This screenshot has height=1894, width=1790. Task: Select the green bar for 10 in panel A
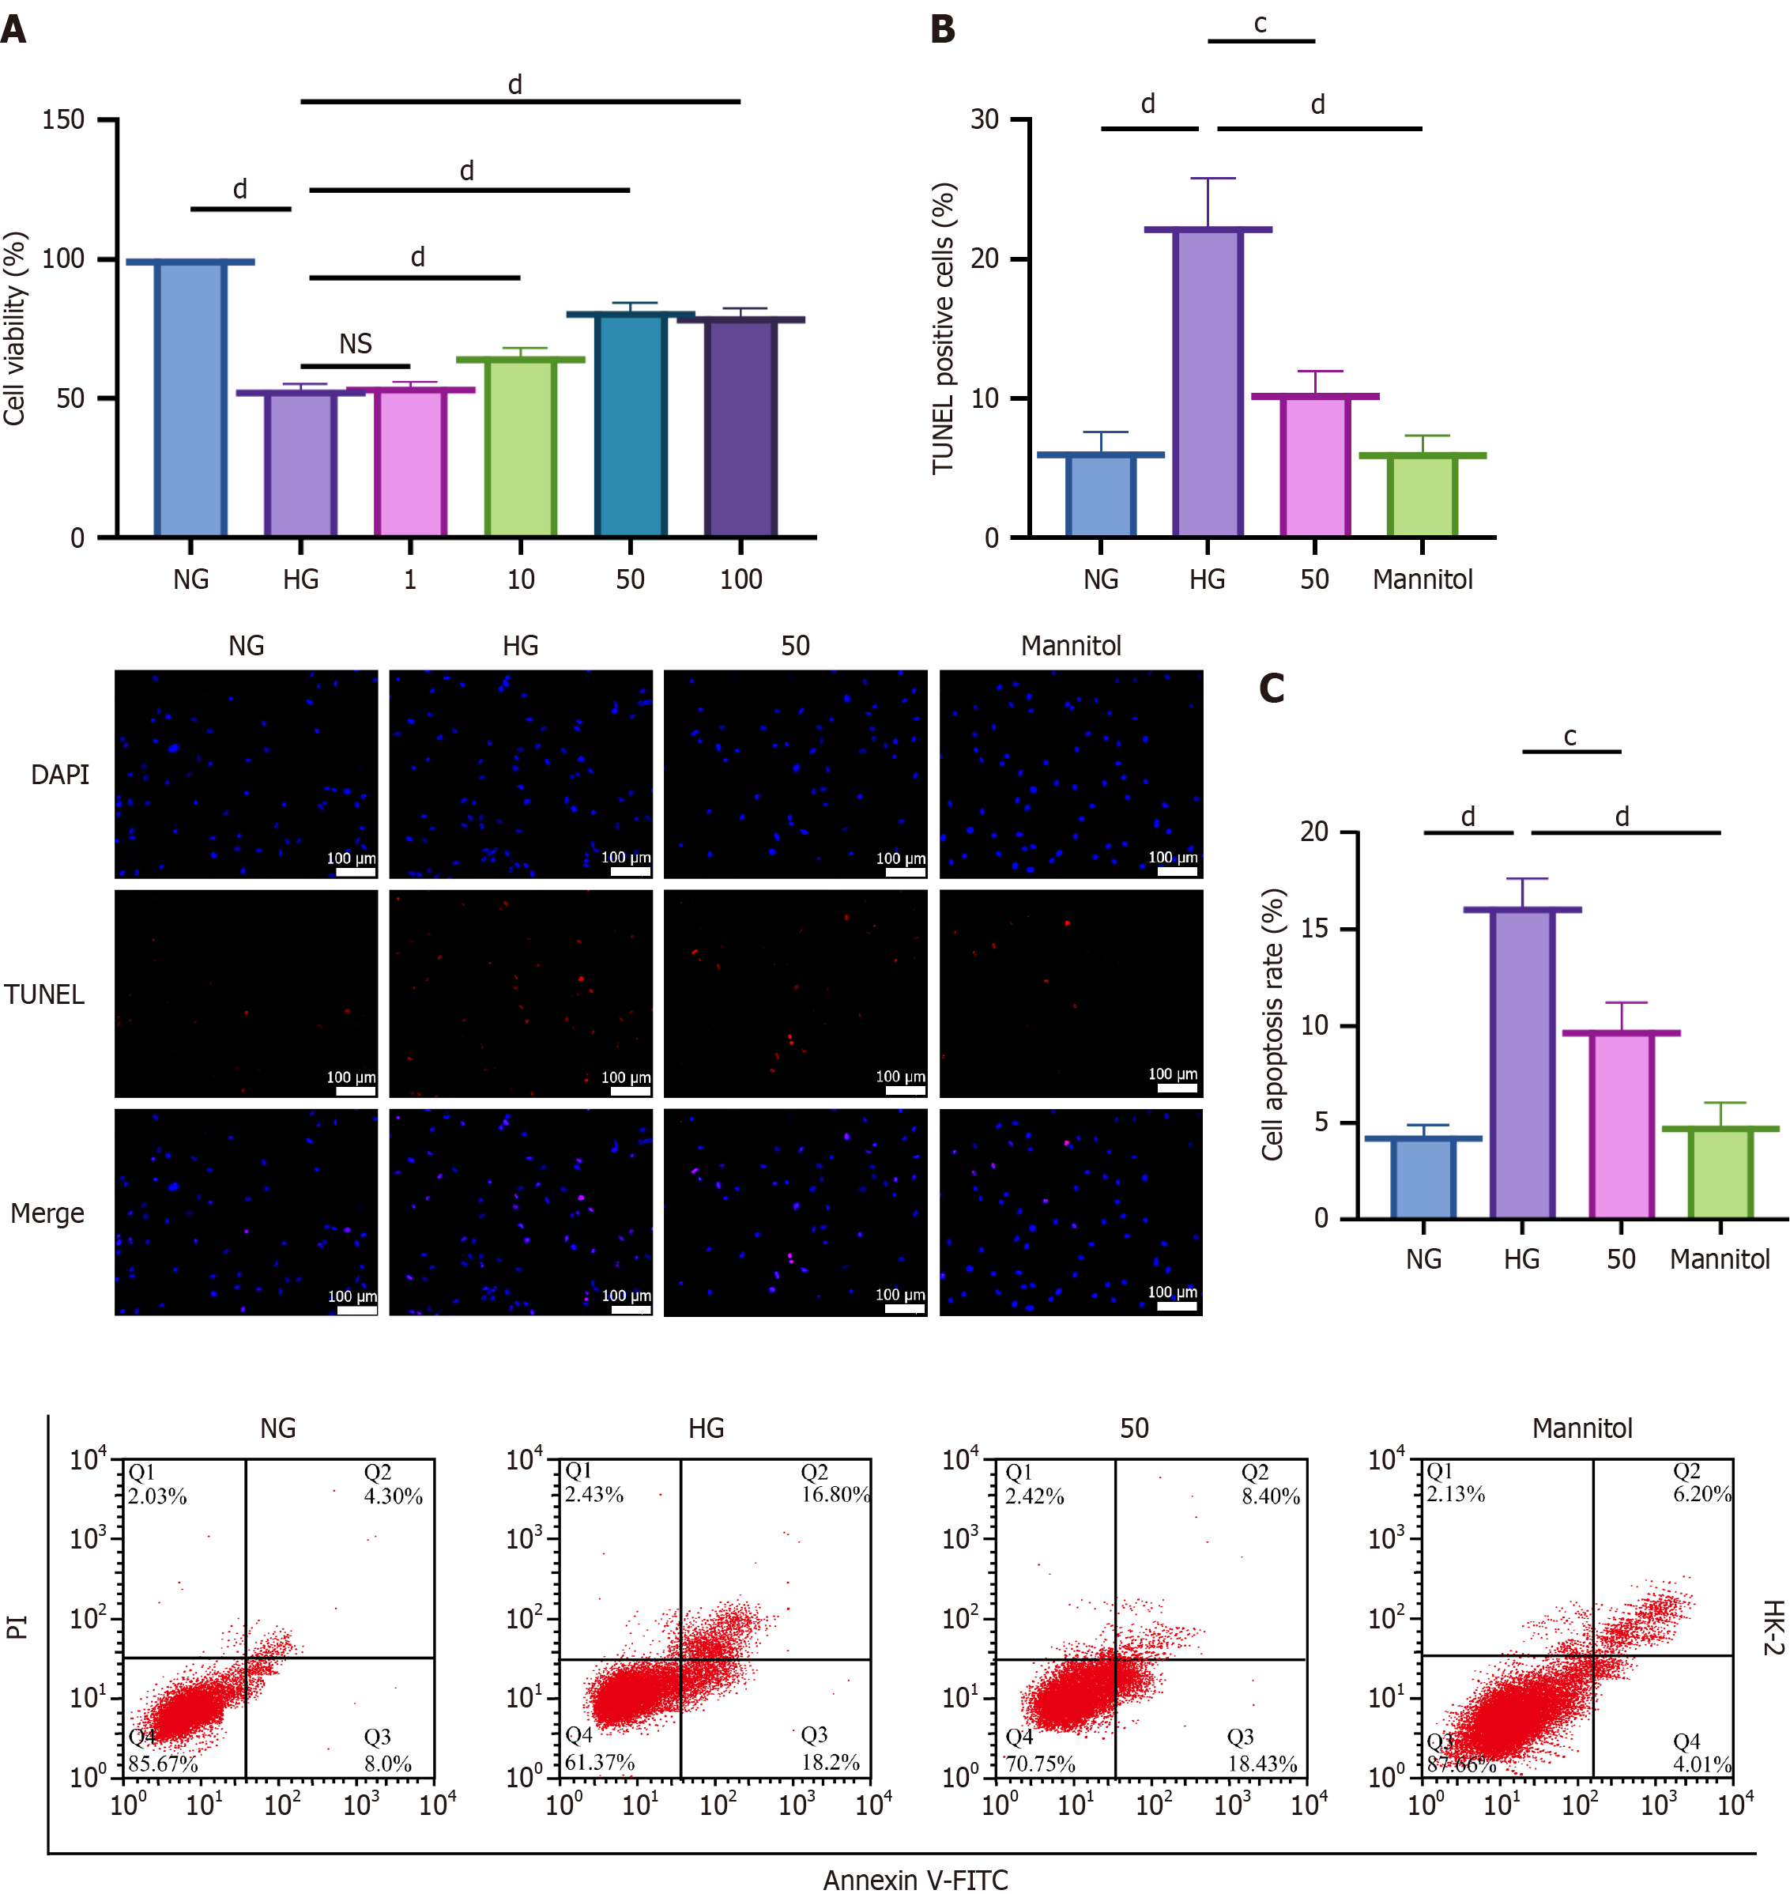[x=520, y=447]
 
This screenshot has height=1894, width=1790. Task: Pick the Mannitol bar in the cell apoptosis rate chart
[x=1720, y=1174]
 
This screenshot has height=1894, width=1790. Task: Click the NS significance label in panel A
[x=356, y=345]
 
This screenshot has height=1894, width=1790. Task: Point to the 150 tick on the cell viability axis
[x=63, y=120]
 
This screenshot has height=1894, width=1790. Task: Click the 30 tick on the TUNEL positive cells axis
[x=985, y=120]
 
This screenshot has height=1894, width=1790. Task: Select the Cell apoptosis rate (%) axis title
[x=1273, y=1024]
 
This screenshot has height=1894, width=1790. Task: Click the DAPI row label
[x=60, y=775]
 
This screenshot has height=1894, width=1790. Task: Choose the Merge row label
[x=47, y=1213]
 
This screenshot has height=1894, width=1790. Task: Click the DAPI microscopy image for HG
[x=521, y=774]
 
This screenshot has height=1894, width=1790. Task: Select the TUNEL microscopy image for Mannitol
[x=1071, y=994]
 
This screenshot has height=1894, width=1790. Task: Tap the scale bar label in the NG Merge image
[x=352, y=1296]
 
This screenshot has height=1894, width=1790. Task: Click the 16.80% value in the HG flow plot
[x=835, y=1494]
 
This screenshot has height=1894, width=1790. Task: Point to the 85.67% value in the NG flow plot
[x=163, y=1764]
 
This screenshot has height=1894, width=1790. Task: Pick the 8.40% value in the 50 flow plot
[x=1271, y=1496]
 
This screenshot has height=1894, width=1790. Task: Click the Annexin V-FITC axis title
[x=915, y=1879]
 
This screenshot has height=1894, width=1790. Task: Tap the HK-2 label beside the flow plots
[x=1773, y=1628]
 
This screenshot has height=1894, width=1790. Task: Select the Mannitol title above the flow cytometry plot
[x=1582, y=1428]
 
